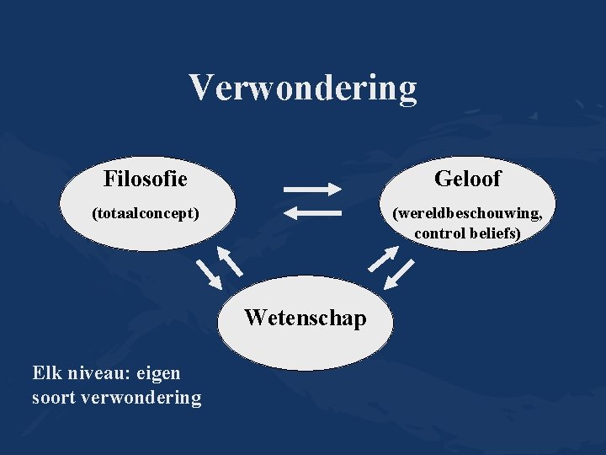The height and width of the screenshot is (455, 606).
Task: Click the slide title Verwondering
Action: tap(302, 87)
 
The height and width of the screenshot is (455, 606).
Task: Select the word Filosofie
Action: tap(145, 179)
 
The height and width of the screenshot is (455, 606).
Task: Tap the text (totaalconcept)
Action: tap(145, 214)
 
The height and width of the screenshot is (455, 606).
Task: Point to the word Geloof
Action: tap(467, 179)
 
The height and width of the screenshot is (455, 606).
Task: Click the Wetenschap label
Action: tap(305, 318)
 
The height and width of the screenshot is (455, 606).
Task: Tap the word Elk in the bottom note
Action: tap(47, 372)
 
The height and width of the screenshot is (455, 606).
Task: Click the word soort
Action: tap(54, 397)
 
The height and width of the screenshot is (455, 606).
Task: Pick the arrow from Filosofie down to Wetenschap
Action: tap(209, 273)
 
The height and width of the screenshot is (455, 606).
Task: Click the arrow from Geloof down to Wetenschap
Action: tap(403, 273)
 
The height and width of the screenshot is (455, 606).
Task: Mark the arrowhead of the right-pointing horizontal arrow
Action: tap(338, 187)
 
